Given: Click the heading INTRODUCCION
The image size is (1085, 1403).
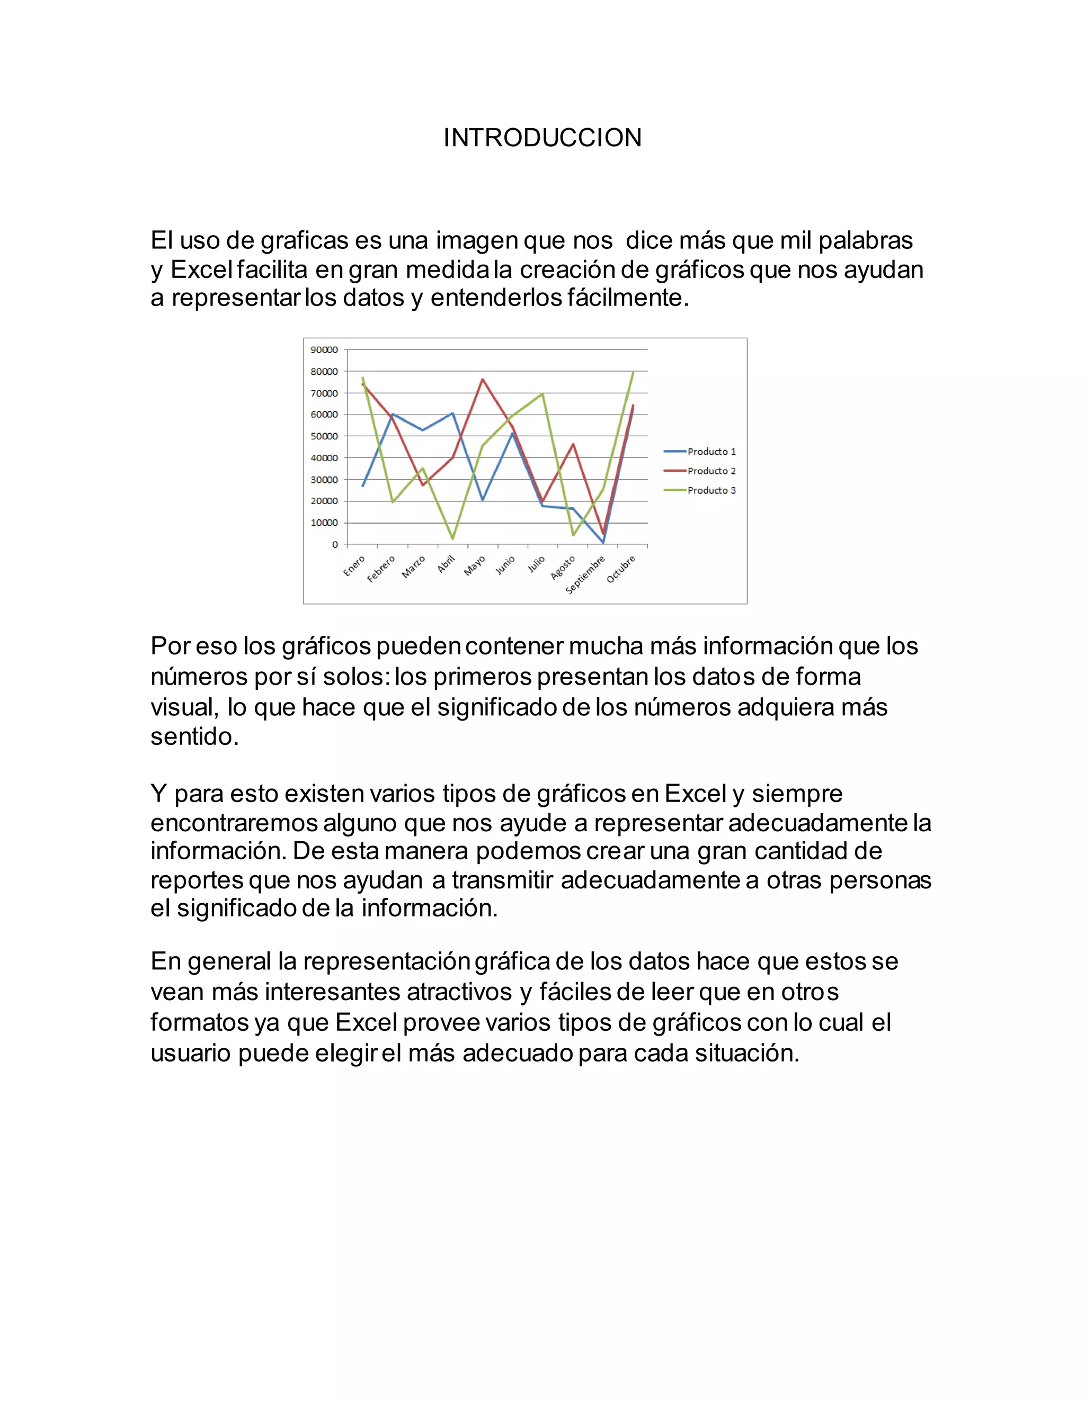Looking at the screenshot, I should coord(542,138).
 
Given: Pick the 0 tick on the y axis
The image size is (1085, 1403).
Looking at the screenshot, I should coord(335,545).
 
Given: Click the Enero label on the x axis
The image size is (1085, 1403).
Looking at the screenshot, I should coord(354,566).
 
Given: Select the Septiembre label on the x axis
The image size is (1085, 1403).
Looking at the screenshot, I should coord(585,574).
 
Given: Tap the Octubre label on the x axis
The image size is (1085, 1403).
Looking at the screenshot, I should coord(621,569).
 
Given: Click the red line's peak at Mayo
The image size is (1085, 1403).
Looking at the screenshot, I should coord(483,380).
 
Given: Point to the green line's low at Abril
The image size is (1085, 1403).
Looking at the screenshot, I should coord(452,538).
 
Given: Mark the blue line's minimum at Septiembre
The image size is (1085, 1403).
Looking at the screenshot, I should coord(603,543).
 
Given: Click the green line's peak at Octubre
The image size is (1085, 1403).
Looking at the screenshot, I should coord(633,373).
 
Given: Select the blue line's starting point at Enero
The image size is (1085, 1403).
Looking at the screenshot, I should coord(362,485).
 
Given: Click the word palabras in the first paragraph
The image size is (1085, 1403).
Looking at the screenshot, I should coord(866,241).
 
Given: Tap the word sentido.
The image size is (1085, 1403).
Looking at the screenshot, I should coord(194,737).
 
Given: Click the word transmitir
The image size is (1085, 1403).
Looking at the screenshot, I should coord(502,880).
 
